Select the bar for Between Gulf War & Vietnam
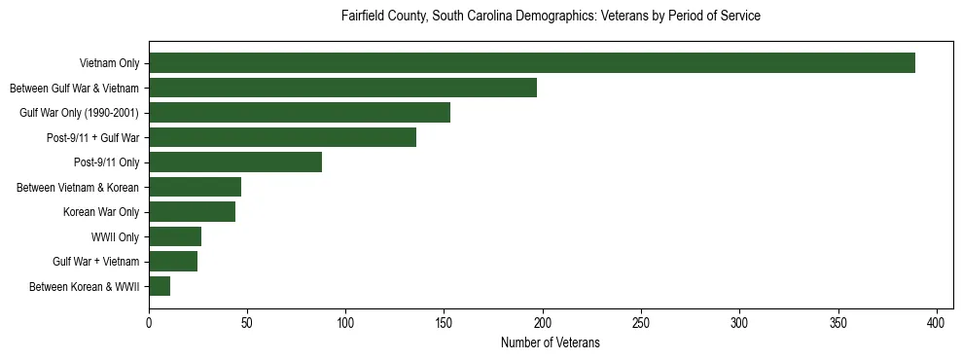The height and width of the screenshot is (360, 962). pyautogui.click(x=342, y=88)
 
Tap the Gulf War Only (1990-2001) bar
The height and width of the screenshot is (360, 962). pyautogui.click(x=300, y=112)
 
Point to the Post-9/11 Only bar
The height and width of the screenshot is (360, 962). pyautogui.click(x=235, y=162)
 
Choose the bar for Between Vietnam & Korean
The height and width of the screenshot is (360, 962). pyautogui.click(x=195, y=187)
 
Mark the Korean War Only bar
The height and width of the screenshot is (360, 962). pyautogui.click(x=192, y=211)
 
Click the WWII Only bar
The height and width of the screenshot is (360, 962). pyautogui.click(x=175, y=236)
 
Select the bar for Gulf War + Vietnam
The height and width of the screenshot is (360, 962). pyautogui.click(x=173, y=261)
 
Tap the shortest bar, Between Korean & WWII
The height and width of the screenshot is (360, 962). pyautogui.click(x=160, y=286)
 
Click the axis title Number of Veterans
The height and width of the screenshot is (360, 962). pyautogui.click(x=550, y=342)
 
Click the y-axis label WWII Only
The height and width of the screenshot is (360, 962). pyautogui.click(x=115, y=236)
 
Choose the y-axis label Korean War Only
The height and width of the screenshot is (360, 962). pyautogui.click(x=101, y=211)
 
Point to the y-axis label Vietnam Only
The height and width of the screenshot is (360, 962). pyautogui.click(x=109, y=63)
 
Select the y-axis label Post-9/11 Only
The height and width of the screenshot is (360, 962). pyautogui.click(x=106, y=162)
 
